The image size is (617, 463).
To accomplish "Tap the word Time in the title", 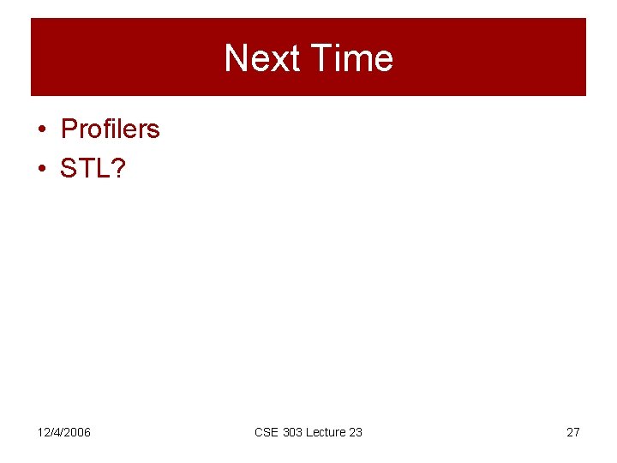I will point(352,58).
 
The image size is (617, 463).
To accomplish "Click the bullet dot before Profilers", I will point(41,130).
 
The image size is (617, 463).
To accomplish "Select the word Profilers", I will point(110,129).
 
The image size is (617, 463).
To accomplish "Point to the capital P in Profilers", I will point(69,129).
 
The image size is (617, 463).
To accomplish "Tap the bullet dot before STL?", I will point(41,169).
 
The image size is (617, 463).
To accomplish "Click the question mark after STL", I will point(117,168).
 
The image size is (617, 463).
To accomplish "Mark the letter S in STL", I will point(68,168).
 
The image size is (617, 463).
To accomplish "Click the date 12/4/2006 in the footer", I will point(63,432).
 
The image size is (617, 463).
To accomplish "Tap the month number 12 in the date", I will point(43,432).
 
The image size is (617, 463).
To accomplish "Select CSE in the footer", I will point(267,432).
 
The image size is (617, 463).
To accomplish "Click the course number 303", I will point(294,432).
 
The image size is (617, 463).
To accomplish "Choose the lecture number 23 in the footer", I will point(356,432).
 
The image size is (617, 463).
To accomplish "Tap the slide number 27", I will point(573,432).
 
